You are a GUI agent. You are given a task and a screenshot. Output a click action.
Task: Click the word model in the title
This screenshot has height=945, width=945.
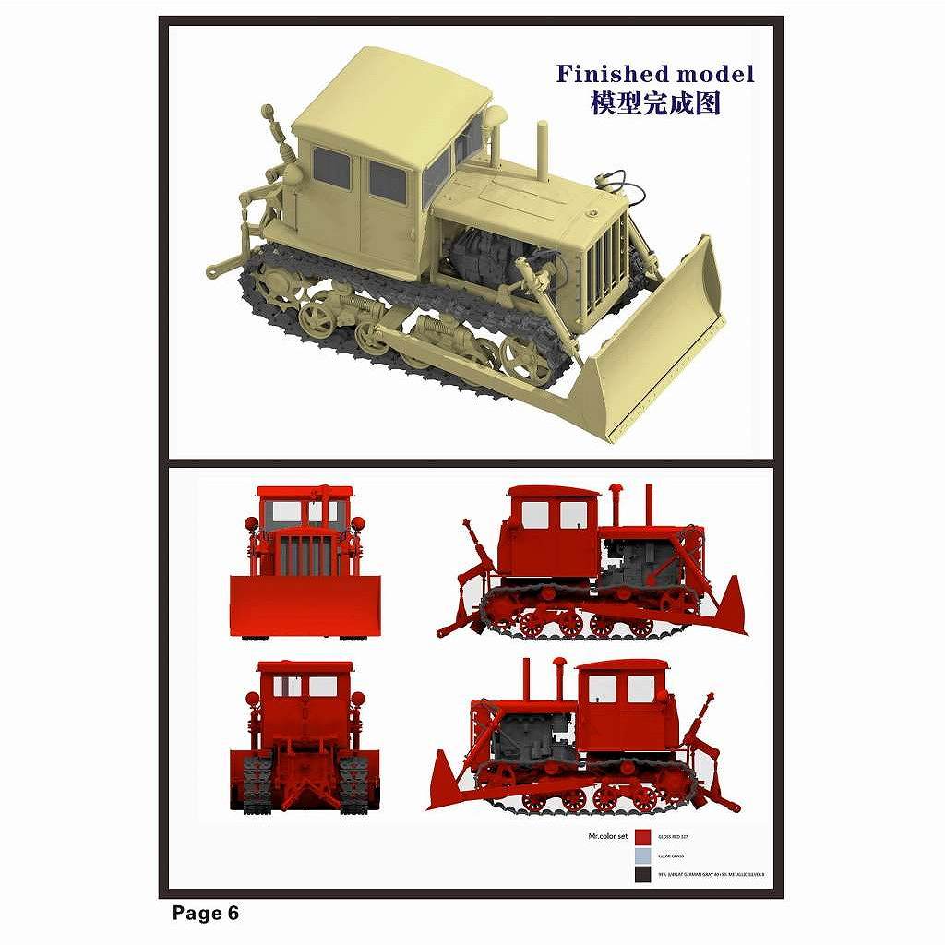click(711, 74)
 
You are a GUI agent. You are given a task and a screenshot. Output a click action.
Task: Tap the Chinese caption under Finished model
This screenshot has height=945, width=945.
click(655, 103)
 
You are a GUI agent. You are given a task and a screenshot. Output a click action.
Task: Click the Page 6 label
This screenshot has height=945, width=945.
click(205, 914)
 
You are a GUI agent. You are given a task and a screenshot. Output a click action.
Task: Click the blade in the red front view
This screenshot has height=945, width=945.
click(305, 605)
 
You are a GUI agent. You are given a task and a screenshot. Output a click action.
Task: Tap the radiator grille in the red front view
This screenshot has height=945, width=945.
click(305, 554)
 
